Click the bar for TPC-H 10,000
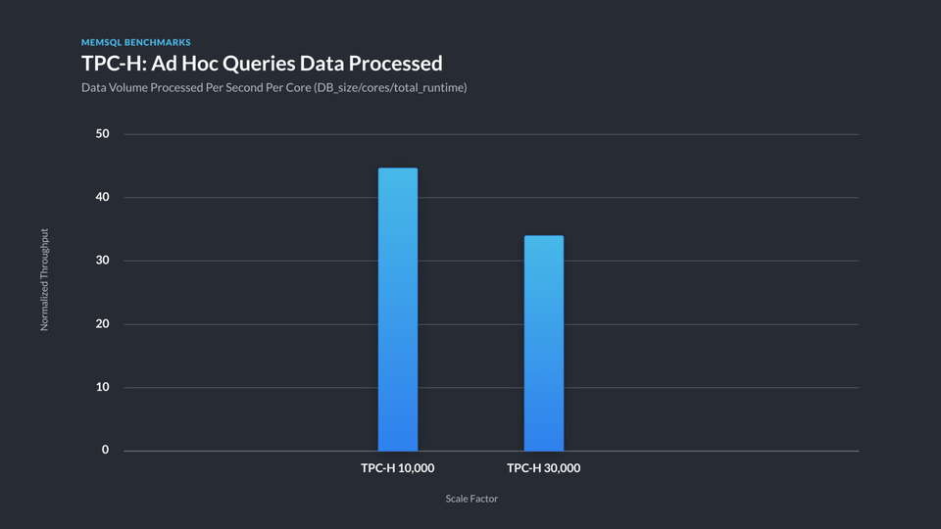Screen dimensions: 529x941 pos(397,309)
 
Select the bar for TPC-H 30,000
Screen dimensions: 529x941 pos(543,343)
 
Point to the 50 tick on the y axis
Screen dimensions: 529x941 pos(103,134)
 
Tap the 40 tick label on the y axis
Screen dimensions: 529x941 pos(103,198)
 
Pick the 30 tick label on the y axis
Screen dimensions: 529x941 pos(103,261)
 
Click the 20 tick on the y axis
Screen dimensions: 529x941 pos(103,324)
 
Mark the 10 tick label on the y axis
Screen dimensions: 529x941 pos(103,387)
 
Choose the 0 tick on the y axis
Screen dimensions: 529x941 pos(106,451)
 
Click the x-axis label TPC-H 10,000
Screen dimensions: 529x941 pos(397,468)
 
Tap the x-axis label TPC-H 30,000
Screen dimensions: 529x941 pos(543,468)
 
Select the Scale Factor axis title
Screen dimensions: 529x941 pos(471,499)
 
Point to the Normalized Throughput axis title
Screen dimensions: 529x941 pos(44,280)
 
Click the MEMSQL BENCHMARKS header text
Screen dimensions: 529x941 pos(135,43)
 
